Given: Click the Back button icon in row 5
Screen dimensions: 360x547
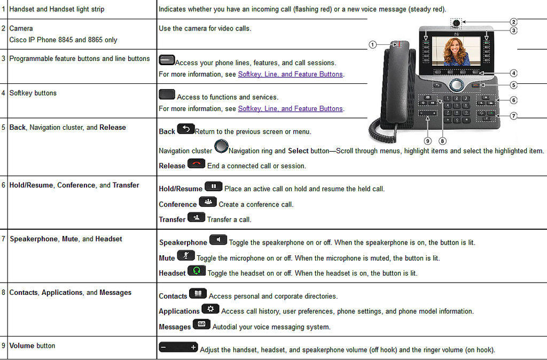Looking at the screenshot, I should click(186, 129).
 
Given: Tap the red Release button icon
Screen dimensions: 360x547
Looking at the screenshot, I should click(196, 163).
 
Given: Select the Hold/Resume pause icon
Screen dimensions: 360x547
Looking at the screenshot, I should click(213, 186).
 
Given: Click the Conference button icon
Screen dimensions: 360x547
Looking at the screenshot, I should click(208, 202).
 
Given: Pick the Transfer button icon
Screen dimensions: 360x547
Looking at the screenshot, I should click(196, 217).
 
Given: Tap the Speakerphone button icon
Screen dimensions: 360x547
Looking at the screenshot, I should click(218, 240).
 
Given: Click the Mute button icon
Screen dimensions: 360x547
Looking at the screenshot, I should click(186, 255).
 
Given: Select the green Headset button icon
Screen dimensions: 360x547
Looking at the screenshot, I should click(197, 270).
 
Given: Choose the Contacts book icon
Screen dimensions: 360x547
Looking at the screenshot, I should click(198, 293).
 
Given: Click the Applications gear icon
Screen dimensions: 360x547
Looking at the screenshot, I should click(210, 309).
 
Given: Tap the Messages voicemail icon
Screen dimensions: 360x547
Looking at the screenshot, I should click(201, 324).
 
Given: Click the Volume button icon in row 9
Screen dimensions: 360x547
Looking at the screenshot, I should click(178, 348).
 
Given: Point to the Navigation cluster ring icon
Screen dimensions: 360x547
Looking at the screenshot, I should click(221, 145).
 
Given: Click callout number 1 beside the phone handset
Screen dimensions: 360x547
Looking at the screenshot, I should click(373, 45).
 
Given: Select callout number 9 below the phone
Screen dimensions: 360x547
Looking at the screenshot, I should click(428, 141).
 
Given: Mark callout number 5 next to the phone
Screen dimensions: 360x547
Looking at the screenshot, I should click(513, 84).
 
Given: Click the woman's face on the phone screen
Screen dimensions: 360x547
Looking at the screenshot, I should click(456, 48).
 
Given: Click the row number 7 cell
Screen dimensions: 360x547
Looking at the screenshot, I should click(4, 239).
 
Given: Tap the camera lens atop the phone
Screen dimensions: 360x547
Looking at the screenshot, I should click(456, 22).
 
